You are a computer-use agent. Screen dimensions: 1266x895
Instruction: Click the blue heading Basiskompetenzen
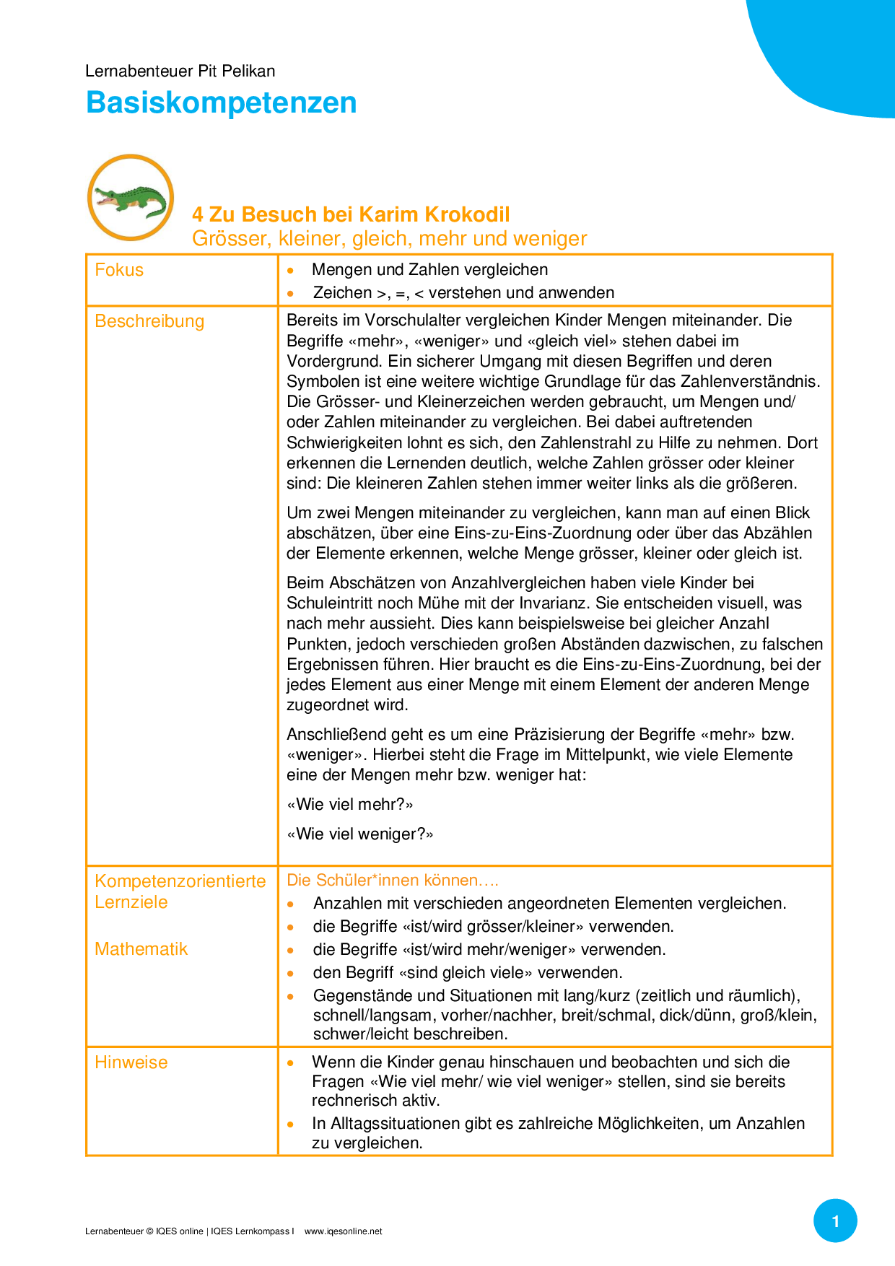(x=221, y=102)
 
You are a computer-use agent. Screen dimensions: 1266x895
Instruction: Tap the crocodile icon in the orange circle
(x=131, y=198)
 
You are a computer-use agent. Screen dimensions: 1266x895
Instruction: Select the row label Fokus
(x=119, y=270)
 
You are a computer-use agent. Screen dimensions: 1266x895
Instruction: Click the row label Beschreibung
(x=149, y=321)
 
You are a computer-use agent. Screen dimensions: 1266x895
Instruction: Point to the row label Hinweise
(x=131, y=1062)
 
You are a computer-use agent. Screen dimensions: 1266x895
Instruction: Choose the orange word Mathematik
(x=141, y=949)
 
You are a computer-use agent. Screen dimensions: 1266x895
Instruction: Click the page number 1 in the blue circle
(x=835, y=1221)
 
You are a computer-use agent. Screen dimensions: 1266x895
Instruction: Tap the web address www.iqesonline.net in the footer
(x=343, y=1231)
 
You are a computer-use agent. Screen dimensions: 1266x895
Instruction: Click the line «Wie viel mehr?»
(x=350, y=805)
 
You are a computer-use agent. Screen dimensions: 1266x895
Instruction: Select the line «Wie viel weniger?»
(x=360, y=834)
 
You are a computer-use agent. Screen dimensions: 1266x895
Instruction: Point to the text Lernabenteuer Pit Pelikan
(x=180, y=71)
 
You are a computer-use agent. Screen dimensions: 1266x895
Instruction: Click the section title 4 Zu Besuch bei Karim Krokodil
(x=351, y=214)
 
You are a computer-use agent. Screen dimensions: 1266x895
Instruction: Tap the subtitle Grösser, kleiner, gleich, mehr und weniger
(x=389, y=239)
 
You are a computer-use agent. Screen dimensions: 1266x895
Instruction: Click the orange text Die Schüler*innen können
(x=392, y=881)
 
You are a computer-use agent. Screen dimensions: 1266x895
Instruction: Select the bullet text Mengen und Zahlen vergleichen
(x=429, y=270)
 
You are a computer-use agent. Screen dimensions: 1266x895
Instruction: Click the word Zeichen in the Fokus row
(x=342, y=293)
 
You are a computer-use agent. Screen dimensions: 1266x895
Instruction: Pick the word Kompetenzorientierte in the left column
(x=180, y=881)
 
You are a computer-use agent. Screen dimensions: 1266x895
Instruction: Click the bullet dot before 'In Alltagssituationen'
(x=291, y=1125)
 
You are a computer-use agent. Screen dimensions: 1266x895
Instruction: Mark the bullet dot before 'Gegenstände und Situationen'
(x=291, y=997)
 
